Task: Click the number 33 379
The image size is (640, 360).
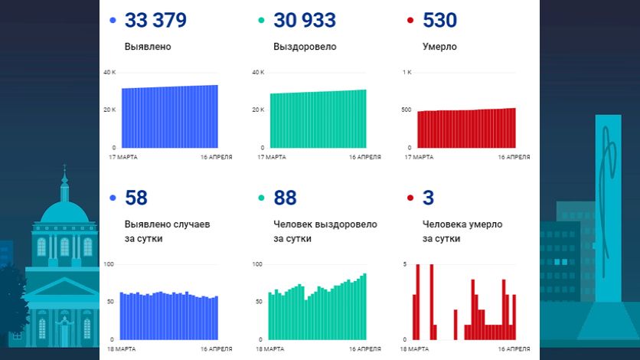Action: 155,21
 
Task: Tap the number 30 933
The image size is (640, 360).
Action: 305,21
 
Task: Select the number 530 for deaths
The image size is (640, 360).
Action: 440,21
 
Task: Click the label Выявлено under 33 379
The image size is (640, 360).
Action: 148,47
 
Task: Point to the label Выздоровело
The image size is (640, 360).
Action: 305,47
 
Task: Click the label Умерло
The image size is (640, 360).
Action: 439,47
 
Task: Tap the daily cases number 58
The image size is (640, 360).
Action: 136,198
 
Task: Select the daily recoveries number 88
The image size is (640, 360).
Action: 285,198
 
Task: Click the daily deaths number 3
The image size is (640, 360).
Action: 429,198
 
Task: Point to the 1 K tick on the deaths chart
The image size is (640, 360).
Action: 407,73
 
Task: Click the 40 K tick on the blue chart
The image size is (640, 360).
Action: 109,73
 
